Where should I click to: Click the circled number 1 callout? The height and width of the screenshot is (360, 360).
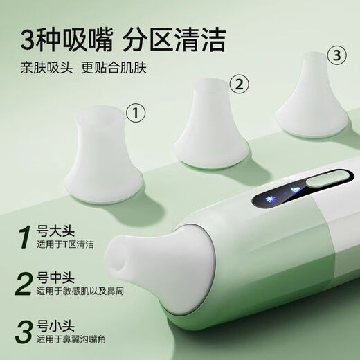coord(138,111)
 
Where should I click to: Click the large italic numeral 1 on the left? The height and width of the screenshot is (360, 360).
coord(26,237)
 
